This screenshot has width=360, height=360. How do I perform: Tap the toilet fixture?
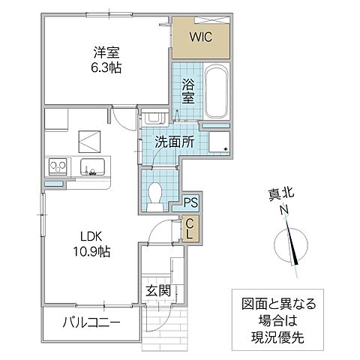click(x=156, y=194)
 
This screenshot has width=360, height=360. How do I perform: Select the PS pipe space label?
click(x=190, y=202)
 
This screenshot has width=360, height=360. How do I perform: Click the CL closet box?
click(x=190, y=228)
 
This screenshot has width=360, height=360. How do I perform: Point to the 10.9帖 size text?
click(x=91, y=252)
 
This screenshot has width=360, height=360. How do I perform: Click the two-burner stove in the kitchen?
click(x=58, y=164)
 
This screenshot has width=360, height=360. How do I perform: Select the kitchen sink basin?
click(x=95, y=166)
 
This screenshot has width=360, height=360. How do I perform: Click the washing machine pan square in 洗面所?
click(x=220, y=143)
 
